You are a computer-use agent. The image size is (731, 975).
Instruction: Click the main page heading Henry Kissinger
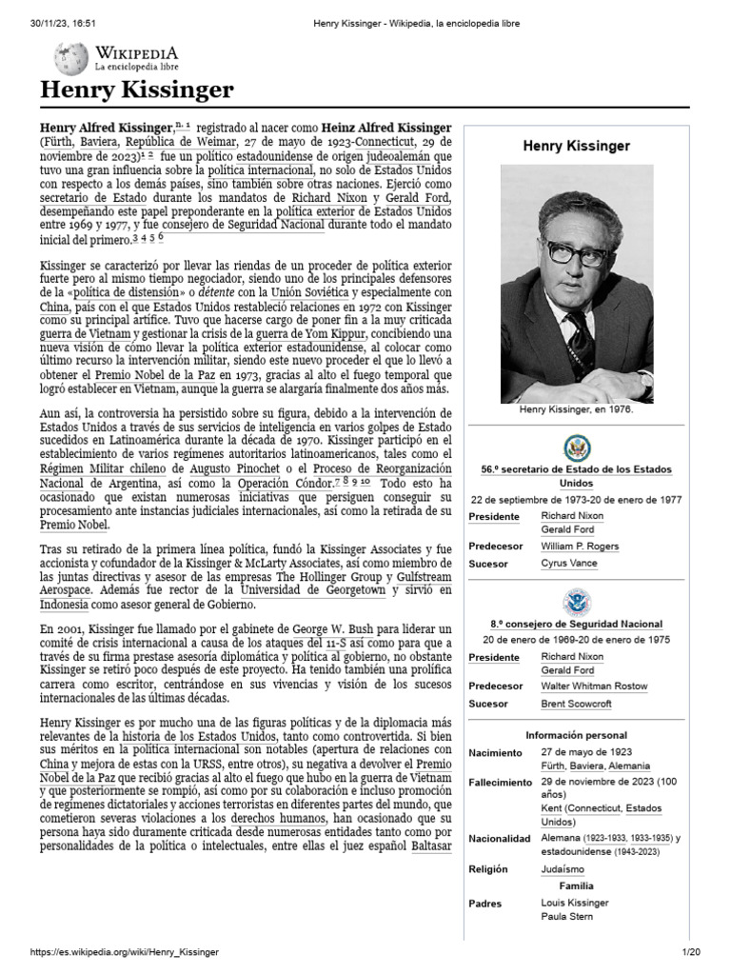click(x=136, y=90)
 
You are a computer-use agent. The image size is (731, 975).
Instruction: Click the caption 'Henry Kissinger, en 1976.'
click(x=576, y=408)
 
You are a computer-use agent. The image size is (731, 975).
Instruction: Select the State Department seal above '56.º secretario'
click(x=577, y=448)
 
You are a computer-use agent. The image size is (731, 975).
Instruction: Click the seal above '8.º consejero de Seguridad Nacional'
click(x=577, y=602)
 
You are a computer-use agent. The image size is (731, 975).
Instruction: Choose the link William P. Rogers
click(x=579, y=547)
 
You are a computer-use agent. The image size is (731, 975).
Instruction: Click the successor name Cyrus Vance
click(x=567, y=564)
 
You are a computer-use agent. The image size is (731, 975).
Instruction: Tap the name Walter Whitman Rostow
click(x=594, y=686)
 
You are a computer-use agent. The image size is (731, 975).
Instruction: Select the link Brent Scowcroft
click(x=576, y=704)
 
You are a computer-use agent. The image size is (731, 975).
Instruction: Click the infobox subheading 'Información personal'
click(x=577, y=735)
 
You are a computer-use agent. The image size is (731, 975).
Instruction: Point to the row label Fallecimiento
click(x=500, y=782)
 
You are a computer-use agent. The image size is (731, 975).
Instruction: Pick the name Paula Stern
click(x=565, y=916)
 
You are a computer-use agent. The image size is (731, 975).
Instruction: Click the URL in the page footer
click(x=126, y=952)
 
